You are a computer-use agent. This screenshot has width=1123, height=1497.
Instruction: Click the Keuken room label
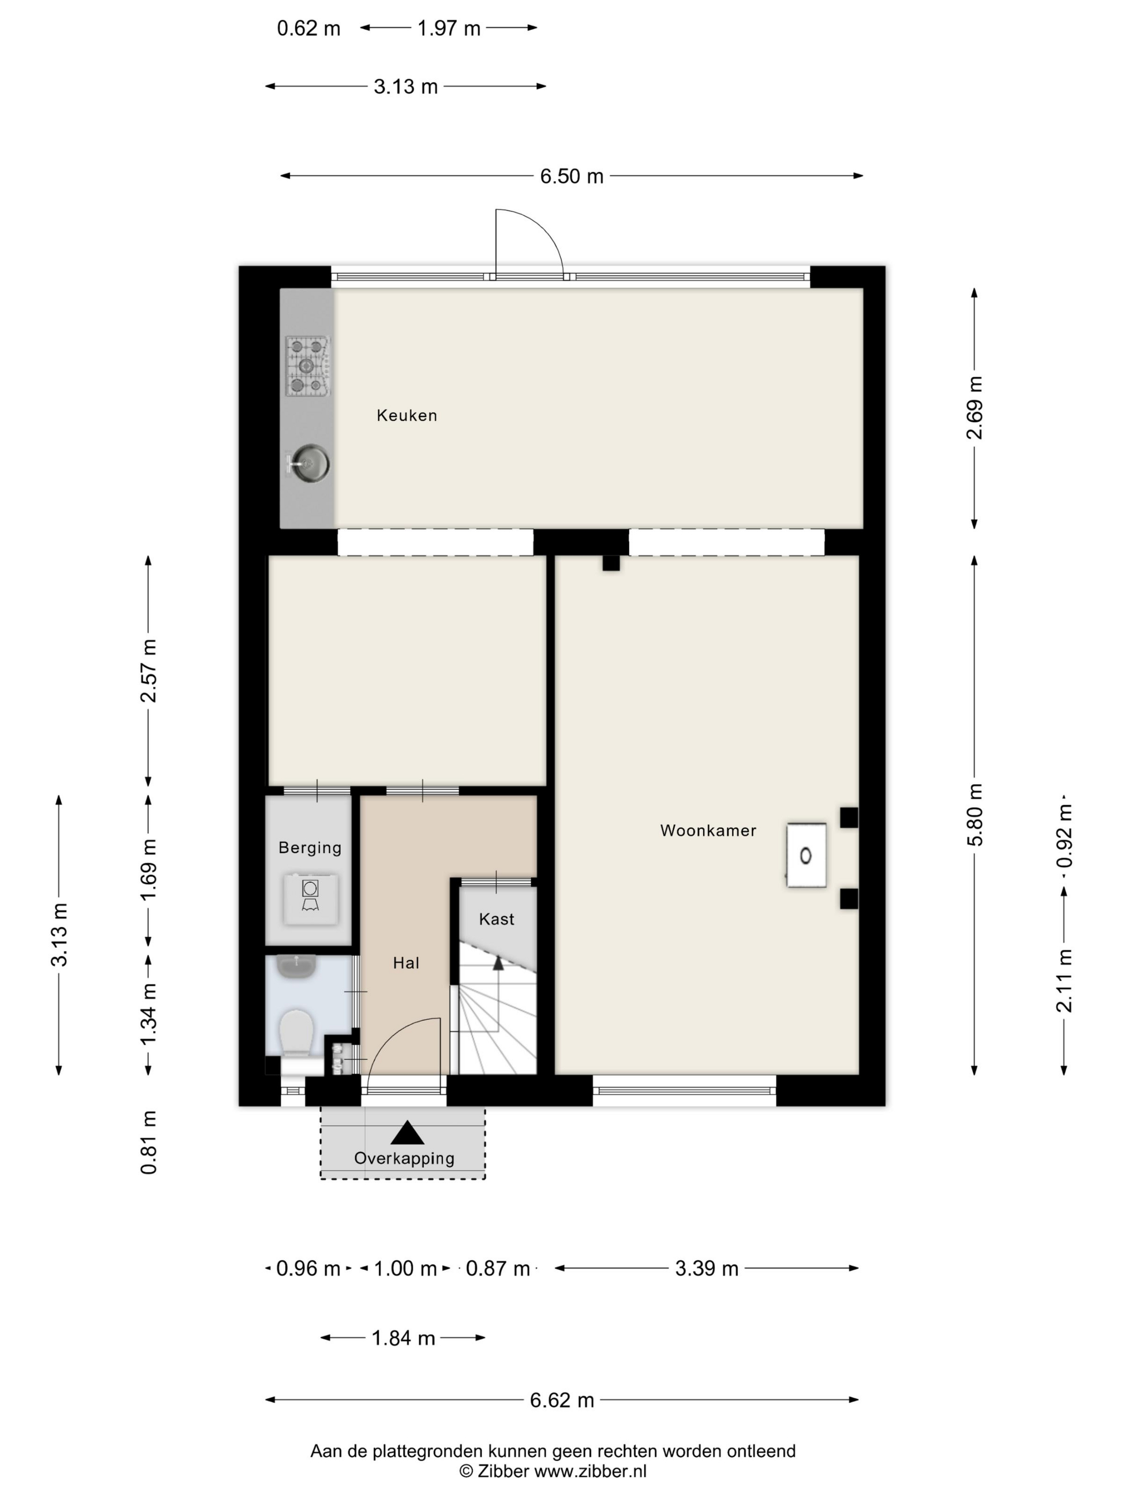click(x=407, y=415)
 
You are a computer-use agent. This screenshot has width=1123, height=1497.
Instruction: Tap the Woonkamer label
click(x=708, y=830)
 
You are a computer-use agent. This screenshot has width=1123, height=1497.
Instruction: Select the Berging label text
click(x=310, y=848)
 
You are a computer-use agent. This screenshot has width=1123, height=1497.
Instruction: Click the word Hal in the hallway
click(x=406, y=963)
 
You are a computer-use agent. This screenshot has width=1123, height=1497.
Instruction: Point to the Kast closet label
click(x=497, y=919)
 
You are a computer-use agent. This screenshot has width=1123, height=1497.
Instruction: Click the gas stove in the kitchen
click(x=307, y=366)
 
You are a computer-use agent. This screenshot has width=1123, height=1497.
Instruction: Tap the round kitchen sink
click(x=310, y=464)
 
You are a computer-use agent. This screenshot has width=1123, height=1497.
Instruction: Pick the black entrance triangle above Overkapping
click(x=407, y=1132)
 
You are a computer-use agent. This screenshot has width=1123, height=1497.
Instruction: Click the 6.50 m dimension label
click(x=571, y=176)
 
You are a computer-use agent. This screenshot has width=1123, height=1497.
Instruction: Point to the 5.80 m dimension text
click(x=975, y=814)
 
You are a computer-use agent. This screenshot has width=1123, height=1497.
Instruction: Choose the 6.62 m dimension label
click(x=562, y=1400)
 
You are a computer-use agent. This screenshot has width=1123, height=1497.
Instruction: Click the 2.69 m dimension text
click(x=975, y=407)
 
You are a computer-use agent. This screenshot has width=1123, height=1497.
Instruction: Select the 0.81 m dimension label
click(x=149, y=1143)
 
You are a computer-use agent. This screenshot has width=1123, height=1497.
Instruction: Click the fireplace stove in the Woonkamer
click(x=806, y=855)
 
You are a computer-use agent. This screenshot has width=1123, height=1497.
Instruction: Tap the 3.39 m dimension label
click(x=707, y=1268)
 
